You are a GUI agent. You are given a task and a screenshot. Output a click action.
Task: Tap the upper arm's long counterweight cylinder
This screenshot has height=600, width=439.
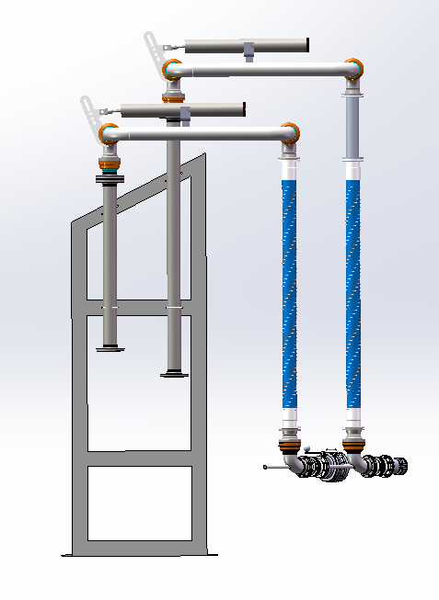(x=247, y=44)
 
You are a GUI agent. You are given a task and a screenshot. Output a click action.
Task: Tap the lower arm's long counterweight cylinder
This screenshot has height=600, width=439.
(x=184, y=110)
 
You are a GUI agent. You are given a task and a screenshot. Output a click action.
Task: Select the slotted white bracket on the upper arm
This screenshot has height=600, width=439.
(x=152, y=46)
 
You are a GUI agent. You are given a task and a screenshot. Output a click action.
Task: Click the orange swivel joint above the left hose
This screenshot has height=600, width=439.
(x=290, y=130)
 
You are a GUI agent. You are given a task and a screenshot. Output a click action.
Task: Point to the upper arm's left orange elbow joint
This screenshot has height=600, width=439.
(x=172, y=69)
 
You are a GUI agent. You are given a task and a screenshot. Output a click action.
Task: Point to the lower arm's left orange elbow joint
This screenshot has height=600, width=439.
(x=109, y=133)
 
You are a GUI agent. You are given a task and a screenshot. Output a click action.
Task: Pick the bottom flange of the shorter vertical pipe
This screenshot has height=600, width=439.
(x=110, y=347)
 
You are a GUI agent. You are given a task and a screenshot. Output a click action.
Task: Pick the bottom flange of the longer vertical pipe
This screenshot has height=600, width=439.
(x=173, y=373)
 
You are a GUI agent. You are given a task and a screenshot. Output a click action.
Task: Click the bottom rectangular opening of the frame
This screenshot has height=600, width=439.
(x=139, y=502)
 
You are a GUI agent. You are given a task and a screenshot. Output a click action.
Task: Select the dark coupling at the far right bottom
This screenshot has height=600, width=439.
(x=397, y=466)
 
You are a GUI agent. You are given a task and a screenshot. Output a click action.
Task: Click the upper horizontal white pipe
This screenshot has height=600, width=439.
(x=262, y=69)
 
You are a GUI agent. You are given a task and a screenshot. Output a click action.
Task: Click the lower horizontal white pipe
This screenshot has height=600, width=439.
(x=199, y=134)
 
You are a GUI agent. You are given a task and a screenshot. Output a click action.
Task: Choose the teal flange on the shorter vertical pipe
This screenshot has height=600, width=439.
(x=110, y=172)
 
